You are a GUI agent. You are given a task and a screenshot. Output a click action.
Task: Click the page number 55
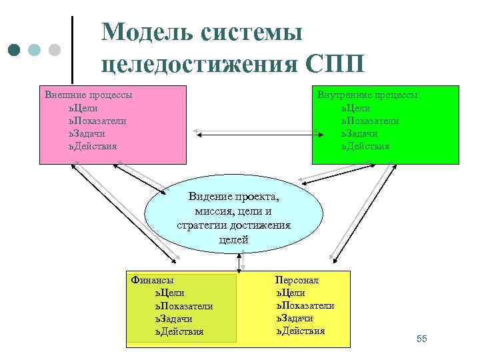click(x=421, y=339)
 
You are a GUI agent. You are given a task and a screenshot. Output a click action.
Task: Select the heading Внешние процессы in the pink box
click(x=87, y=95)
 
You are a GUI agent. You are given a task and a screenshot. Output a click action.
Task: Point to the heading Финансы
click(x=153, y=281)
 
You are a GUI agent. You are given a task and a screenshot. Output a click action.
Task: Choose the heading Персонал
click(x=297, y=280)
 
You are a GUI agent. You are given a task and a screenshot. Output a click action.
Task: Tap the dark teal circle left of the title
click(x=15, y=51)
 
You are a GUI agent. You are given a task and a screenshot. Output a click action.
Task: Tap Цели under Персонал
click(x=291, y=293)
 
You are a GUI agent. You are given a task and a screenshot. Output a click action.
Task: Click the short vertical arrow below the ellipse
click(x=239, y=263)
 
